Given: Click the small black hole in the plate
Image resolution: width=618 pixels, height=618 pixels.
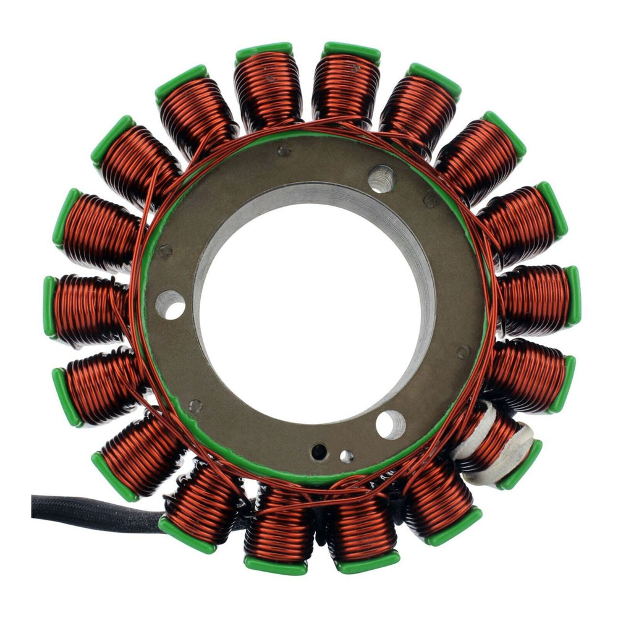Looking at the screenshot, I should [319, 452].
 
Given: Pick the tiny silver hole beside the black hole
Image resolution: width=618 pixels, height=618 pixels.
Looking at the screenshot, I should [347, 456].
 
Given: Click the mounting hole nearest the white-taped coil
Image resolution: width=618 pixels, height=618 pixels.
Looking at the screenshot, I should [391, 425].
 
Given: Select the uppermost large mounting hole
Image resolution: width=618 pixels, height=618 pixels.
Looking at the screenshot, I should [381, 179].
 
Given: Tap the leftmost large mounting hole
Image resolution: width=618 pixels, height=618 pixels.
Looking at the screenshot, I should [171, 304].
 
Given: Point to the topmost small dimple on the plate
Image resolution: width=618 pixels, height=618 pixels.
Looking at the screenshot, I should [283, 150].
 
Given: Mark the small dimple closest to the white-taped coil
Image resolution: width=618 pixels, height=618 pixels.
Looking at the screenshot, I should [463, 352].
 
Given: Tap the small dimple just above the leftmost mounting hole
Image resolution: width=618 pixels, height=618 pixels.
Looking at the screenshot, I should [164, 251].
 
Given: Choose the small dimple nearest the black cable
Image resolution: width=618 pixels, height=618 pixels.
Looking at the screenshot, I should [195, 406].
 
